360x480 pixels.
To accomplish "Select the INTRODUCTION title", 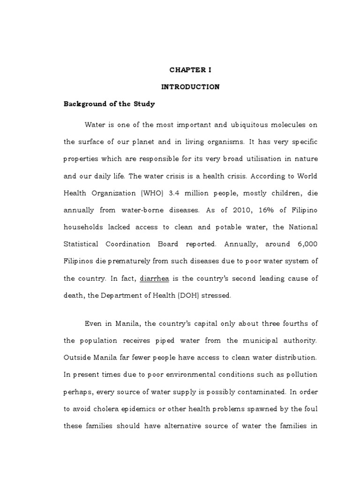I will (x=190, y=87).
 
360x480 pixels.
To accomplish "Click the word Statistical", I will (x=81, y=244).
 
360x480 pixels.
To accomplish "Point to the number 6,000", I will (x=307, y=244).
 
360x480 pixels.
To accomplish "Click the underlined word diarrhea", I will (x=154, y=278).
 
